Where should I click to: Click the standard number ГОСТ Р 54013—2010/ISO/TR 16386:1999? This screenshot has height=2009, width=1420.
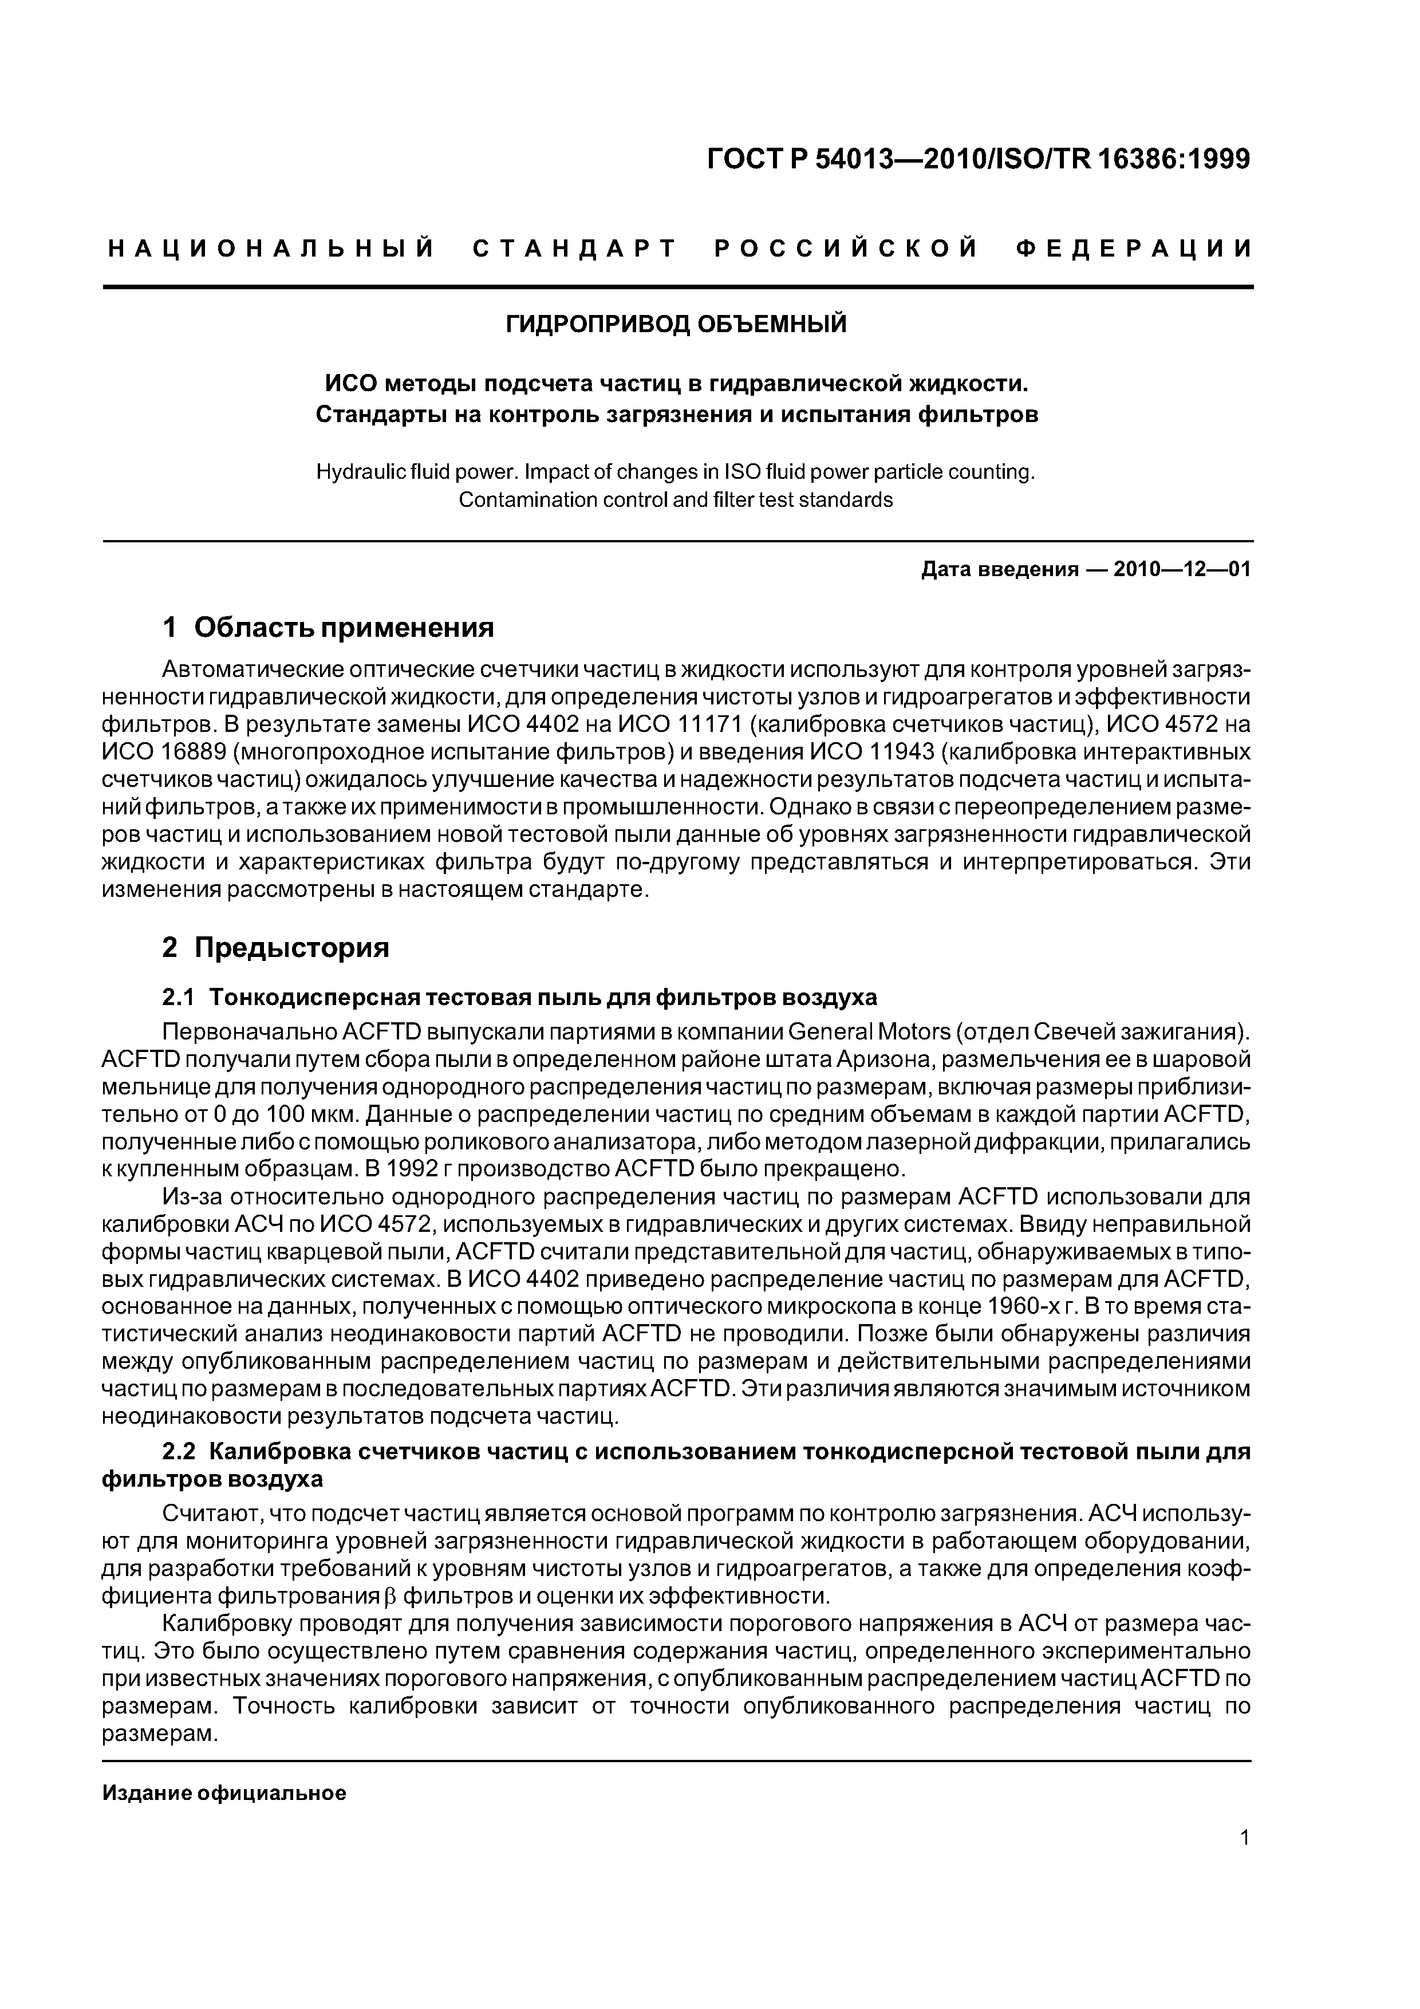point(978,159)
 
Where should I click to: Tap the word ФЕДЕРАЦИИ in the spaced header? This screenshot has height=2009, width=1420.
point(1135,249)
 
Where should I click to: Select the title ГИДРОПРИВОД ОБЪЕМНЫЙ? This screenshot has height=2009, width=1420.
point(676,325)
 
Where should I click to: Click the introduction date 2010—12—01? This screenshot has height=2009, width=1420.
point(1181,570)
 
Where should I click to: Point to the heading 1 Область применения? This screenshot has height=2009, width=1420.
point(328,627)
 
